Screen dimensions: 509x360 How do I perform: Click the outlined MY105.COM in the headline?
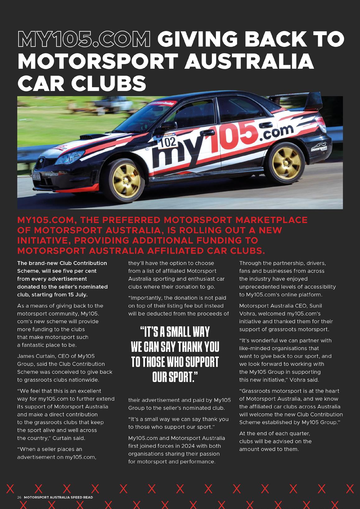[x=84, y=39]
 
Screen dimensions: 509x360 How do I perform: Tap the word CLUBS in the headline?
[x=108, y=83]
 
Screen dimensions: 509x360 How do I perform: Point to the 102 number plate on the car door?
[x=168, y=142]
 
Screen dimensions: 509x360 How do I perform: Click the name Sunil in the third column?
[x=315, y=306]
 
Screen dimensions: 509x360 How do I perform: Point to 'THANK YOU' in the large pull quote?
[x=199, y=346]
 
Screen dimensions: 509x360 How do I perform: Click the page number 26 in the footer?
[x=19, y=497]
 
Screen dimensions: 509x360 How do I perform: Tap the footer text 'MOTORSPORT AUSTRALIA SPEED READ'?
[x=58, y=497]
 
